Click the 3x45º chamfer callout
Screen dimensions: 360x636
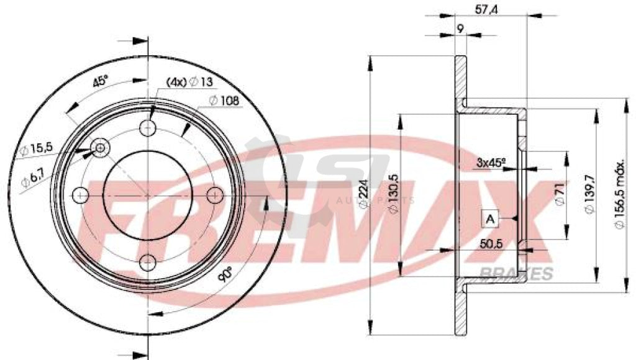tap(490, 163)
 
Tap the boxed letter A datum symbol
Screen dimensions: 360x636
tap(490, 218)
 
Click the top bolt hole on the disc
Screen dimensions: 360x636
tap(148, 128)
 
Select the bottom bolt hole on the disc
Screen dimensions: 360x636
tap(148, 261)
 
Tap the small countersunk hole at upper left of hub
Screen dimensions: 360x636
tap(99, 147)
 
